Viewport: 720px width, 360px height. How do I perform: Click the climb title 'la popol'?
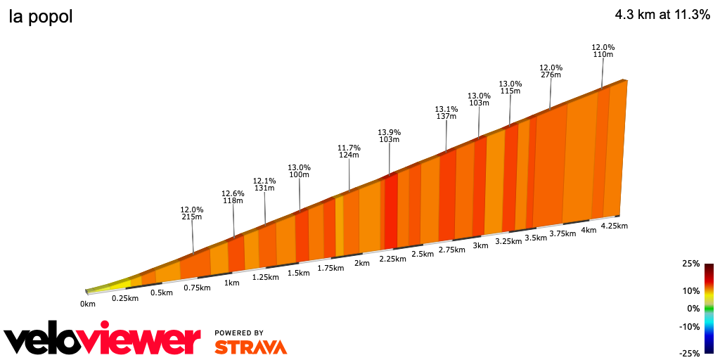pos(41,18)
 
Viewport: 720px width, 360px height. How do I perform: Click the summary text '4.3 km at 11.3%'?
pos(662,15)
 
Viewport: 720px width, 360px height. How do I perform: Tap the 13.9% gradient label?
pos(389,136)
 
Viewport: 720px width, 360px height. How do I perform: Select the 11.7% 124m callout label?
pos(349,152)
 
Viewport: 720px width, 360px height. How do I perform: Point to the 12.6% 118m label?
pos(233,197)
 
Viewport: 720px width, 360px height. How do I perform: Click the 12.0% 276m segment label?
pos(551,71)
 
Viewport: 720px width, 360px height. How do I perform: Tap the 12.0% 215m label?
pos(192,214)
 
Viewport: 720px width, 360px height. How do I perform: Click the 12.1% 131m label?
pos(264,184)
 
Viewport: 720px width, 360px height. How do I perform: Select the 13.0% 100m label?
pos(299,171)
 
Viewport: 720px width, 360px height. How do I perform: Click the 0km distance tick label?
pos(87,304)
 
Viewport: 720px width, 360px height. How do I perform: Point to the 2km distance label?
pos(362,263)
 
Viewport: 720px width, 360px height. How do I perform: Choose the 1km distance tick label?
pos(232,283)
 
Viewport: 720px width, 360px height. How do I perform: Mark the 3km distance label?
pos(480,245)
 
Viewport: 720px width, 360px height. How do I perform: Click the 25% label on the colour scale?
pos(690,264)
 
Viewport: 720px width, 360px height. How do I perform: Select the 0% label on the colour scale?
pos(693,308)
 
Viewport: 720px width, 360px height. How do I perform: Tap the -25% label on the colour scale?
pos(690,353)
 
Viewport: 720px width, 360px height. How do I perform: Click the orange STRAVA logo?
pos(250,347)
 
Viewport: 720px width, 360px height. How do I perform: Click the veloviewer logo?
pos(103,340)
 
